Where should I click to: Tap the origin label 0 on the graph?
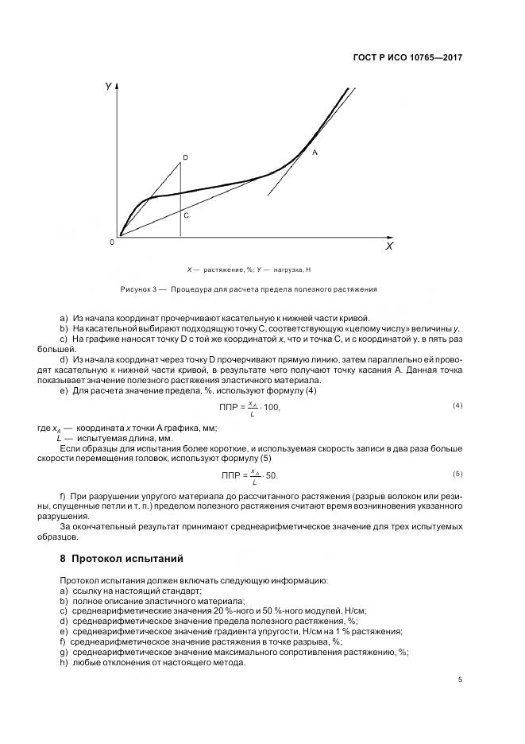tap(112, 242)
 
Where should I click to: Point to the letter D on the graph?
tap(185, 158)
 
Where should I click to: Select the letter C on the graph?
tap(185, 215)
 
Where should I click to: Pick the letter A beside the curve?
tap(315, 151)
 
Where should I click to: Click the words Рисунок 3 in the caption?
tap(137, 289)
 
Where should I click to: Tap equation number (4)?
tap(457, 406)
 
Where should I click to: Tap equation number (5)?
tap(457, 474)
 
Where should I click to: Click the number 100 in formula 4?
tap(271, 408)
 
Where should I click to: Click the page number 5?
tap(460, 680)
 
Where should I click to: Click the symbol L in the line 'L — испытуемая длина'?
tap(59, 438)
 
